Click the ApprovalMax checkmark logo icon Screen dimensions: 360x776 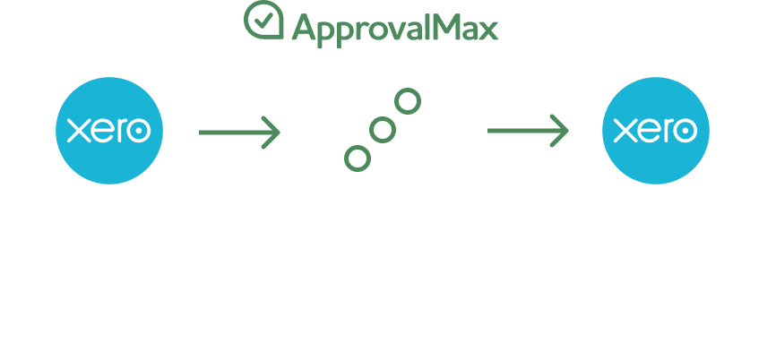tap(264, 22)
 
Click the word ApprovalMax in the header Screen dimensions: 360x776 tap(395, 29)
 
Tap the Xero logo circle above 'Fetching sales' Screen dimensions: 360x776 tap(109, 131)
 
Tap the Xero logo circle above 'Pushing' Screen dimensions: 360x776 tap(656, 131)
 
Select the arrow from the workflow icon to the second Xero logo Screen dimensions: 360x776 tap(528, 131)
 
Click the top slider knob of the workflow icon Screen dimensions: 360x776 tap(408, 102)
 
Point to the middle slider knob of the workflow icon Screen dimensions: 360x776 tap(383, 131)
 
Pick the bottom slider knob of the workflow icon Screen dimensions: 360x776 tap(357, 159)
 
